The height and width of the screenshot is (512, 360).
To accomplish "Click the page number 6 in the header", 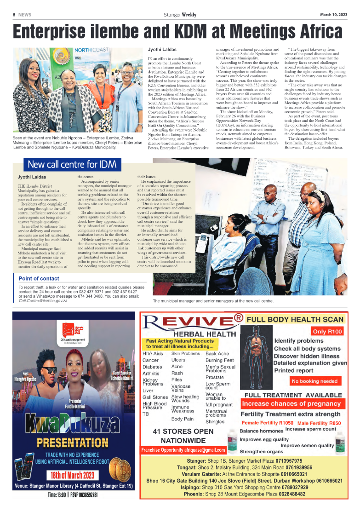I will [x=14, y=15].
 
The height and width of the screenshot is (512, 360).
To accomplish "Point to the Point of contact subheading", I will [x=39, y=278].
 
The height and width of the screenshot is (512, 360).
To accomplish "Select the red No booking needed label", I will [x=314, y=381].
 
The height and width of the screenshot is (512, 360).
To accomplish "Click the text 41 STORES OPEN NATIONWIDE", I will [x=183, y=436].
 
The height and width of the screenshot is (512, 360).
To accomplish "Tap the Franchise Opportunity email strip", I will [x=183, y=450].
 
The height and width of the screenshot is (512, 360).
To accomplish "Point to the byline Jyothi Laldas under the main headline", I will [x=161, y=49].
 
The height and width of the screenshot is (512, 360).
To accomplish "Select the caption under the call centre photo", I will [x=213, y=301].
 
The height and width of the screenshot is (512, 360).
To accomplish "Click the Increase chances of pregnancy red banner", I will [x=292, y=404].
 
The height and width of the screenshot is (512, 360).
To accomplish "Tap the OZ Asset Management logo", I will [x=75, y=331].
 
